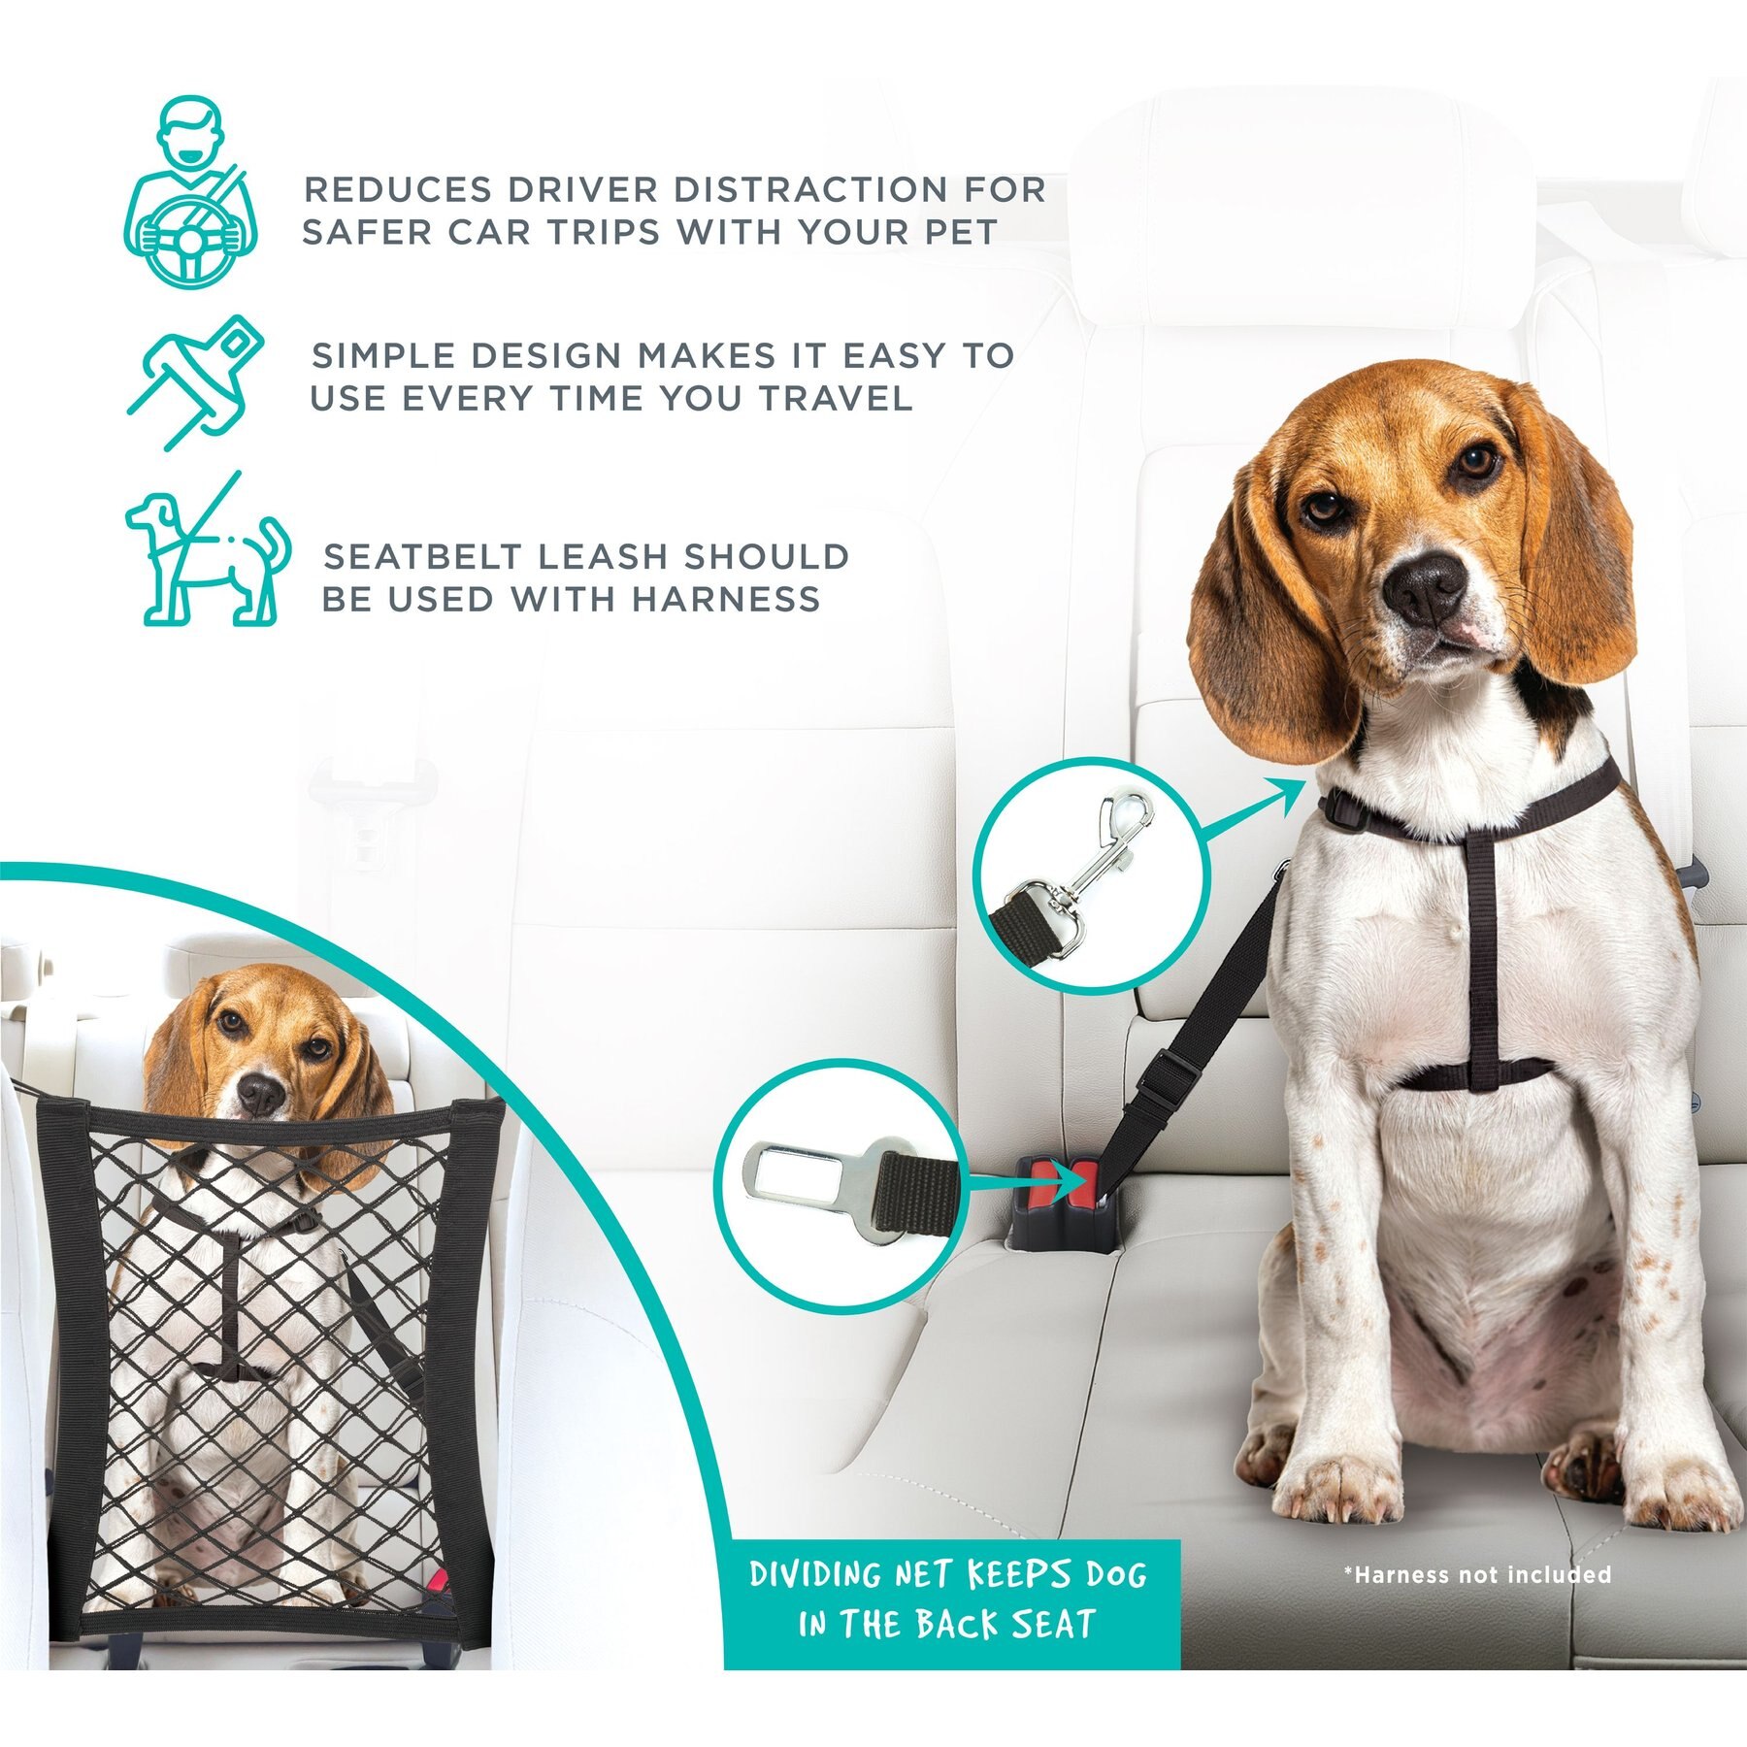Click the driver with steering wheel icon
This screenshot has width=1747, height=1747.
(x=191, y=189)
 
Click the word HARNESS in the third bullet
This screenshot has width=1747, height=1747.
(x=726, y=599)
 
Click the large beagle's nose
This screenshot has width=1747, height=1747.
(x=1425, y=584)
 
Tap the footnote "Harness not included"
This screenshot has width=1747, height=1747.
(x=1477, y=1574)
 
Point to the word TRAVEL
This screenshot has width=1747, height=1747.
(x=836, y=398)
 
